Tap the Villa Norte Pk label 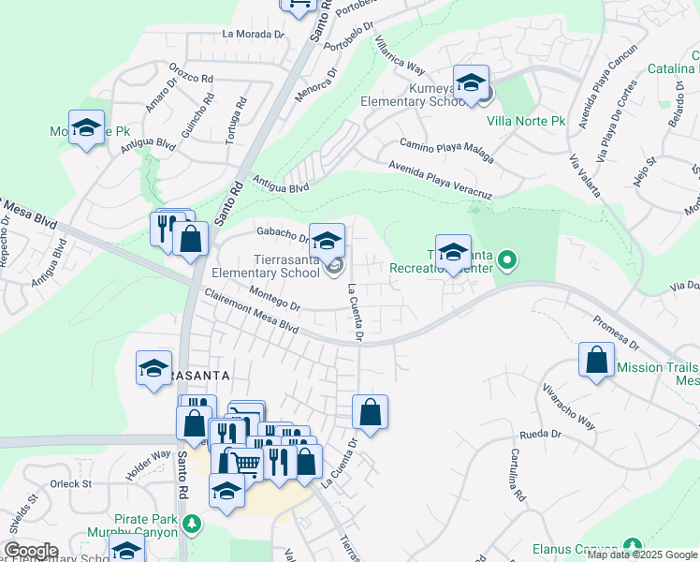[526, 121]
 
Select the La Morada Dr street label [253, 34]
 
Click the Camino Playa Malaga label [446, 150]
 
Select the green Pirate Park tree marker [192, 523]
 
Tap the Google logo [30, 551]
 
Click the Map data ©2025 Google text [643, 554]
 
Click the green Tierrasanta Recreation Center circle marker [506, 259]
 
